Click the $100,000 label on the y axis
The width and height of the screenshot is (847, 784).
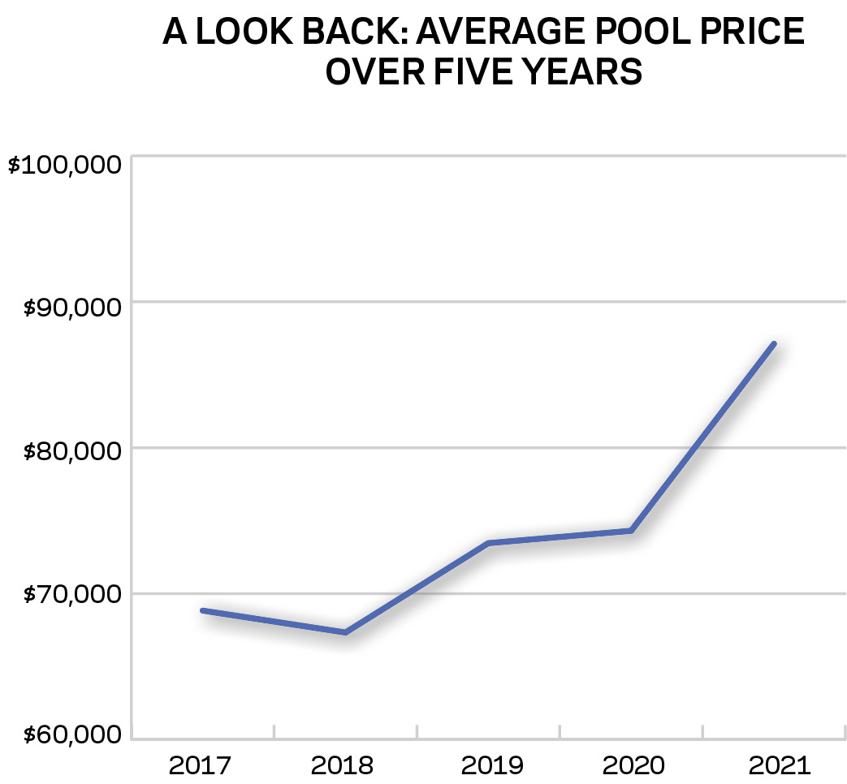(x=65, y=166)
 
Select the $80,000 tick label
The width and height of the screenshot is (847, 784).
(x=71, y=452)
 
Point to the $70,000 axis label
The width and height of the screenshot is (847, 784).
(x=71, y=596)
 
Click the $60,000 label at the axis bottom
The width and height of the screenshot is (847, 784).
(x=71, y=736)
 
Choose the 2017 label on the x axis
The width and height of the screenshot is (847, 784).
(x=200, y=765)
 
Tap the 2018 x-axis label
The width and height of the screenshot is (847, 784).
(x=343, y=765)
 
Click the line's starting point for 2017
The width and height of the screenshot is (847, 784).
(x=202, y=610)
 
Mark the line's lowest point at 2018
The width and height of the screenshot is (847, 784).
(x=345, y=631)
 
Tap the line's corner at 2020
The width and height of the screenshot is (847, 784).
(x=631, y=531)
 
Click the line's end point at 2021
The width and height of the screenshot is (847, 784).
(x=774, y=344)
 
